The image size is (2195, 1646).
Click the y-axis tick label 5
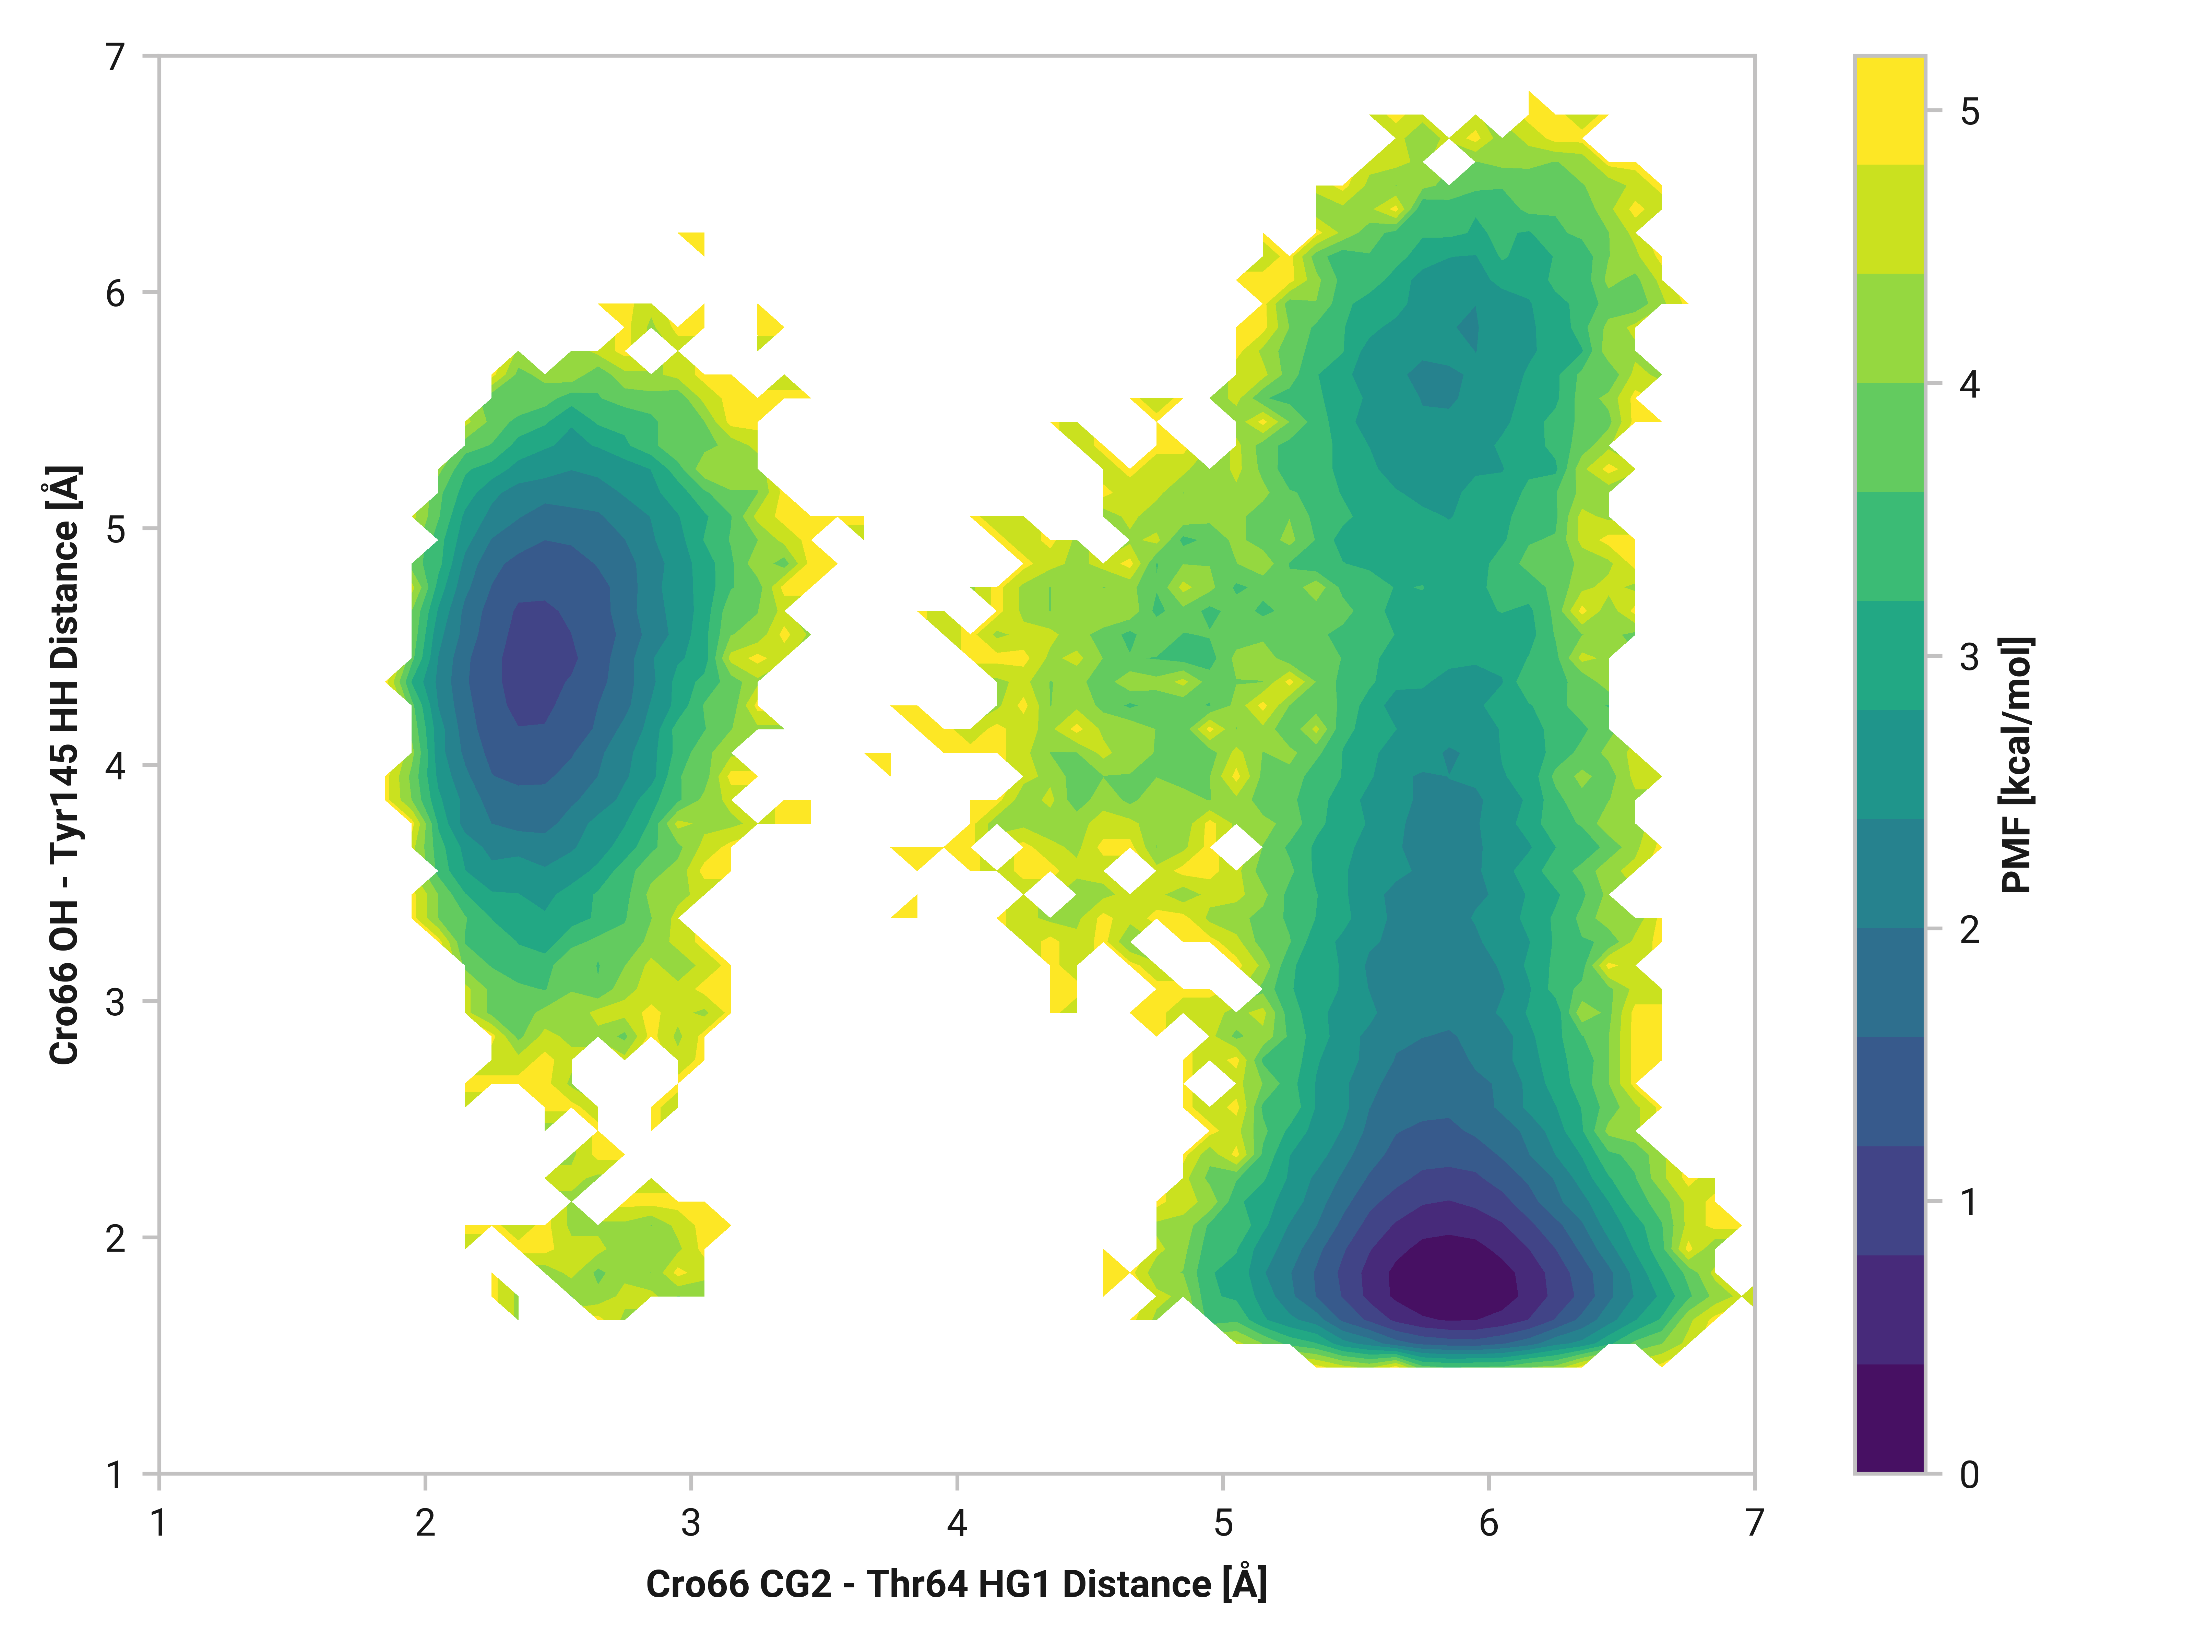(116, 529)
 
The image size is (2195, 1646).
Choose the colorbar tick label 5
(1970, 111)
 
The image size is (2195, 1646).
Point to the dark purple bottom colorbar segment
(1889, 1419)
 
